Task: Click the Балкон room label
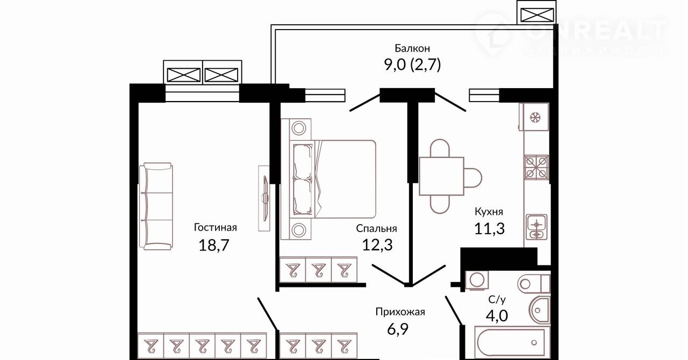pyautogui.click(x=412, y=48)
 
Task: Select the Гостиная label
pyautogui.click(x=215, y=227)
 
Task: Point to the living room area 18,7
pyautogui.click(x=214, y=246)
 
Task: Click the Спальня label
pyautogui.click(x=376, y=228)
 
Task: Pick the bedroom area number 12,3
pyautogui.click(x=377, y=245)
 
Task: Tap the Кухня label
pyautogui.click(x=489, y=212)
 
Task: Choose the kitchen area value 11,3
pyautogui.click(x=489, y=229)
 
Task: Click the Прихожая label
pyautogui.click(x=400, y=312)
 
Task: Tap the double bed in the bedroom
pyautogui.click(x=333, y=178)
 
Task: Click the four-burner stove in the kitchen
pyautogui.click(x=536, y=167)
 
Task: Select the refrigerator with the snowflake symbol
pyautogui.click(x=535, y=117)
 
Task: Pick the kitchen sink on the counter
pyautogui.click(x=536, y=226)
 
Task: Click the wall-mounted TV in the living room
pyautogui.click(x=264, y=198)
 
